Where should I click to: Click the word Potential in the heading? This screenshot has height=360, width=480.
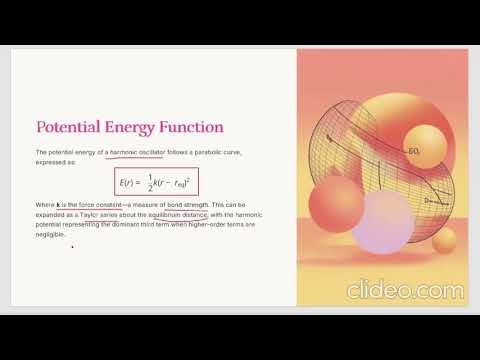tap(70, 128)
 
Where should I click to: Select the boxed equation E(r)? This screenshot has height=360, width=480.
tap(156, 182)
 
